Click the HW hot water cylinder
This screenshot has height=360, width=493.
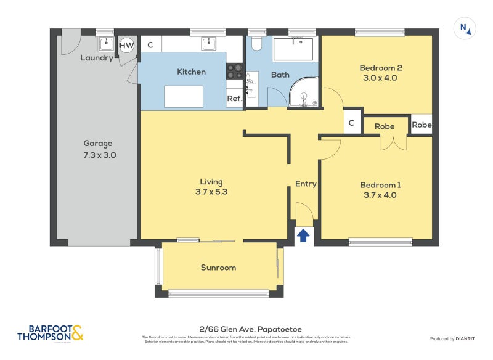click(126, 44)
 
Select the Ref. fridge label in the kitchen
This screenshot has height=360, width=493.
click(234, 99)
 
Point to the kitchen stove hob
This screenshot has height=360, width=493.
click(235, 72)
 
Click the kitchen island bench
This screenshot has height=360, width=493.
click(184, 96)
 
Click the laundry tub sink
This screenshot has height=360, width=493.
click(106, 43)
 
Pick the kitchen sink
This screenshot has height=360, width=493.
click(210, 43)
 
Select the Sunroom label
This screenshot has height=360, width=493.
click(218, 268)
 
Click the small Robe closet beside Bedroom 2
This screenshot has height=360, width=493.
click(422, 125)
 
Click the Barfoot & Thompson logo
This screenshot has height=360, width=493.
click(51, 333)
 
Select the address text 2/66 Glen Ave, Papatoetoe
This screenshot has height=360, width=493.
click(246, 329)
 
